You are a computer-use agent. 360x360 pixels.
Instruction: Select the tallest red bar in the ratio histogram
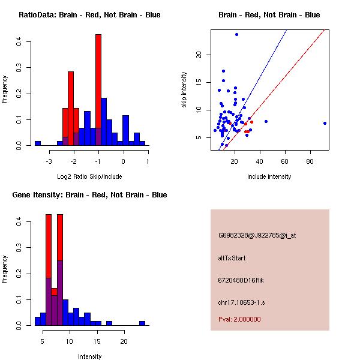pyautogui.click(x=98, y=90)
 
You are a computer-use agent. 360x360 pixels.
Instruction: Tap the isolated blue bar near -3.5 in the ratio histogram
pyautogui.click(x=38, y=143)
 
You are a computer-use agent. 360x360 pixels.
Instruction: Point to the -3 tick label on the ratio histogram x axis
pyautogui.click(x=50, y=161)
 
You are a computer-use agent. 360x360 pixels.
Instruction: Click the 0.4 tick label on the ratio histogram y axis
pyautogui.click(x=20, y=41)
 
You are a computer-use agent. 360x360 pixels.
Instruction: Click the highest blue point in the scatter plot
pyautogui.click(x=237, y=34)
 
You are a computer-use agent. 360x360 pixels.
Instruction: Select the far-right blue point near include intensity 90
pyautogui.click(x=325, y=123)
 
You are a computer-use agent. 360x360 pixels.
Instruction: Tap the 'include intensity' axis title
pyautogui.click(x=269, y=176)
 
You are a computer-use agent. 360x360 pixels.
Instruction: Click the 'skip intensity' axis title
pyautogui.click(x=185, y=91)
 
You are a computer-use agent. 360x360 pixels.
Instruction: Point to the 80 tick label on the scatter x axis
pyautogui.click(x=310, y=161)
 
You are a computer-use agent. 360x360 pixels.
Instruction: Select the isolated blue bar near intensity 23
pyautogui.click(x=142, y=323)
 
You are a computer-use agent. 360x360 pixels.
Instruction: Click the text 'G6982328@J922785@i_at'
pyautogui.click(x=257, y=235)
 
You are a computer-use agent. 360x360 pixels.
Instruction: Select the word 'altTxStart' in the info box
pyautogui.click(x=232, y=258)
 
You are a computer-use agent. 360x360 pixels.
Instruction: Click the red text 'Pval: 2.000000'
pyautogui.click(x=239, y=319)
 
